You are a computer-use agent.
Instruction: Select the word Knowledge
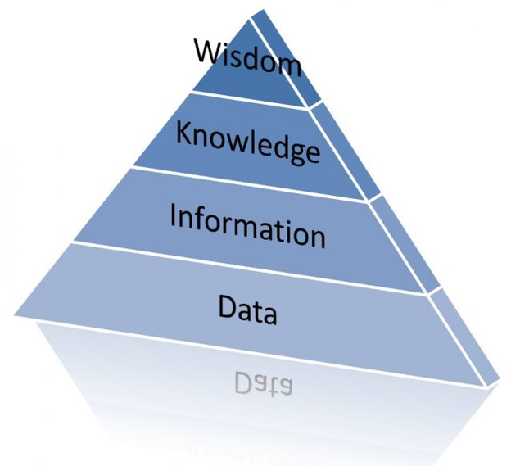[x=246, y=141]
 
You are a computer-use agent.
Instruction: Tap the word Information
[x=246, y=224]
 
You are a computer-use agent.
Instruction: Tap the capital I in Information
[x=174, y=215]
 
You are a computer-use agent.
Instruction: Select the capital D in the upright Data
[x=226, y=307]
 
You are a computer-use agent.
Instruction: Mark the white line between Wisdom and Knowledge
[x=246, y=99]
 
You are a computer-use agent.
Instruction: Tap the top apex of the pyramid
[x=259, y=9]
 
